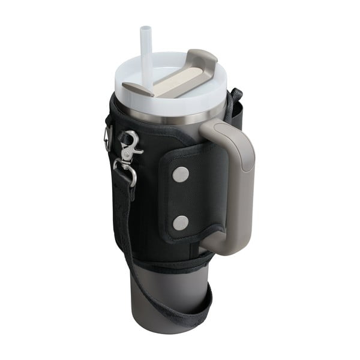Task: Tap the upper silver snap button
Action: (180, 175)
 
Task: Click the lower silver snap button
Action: (180, 223)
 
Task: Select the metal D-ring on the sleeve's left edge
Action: (108, 138)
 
